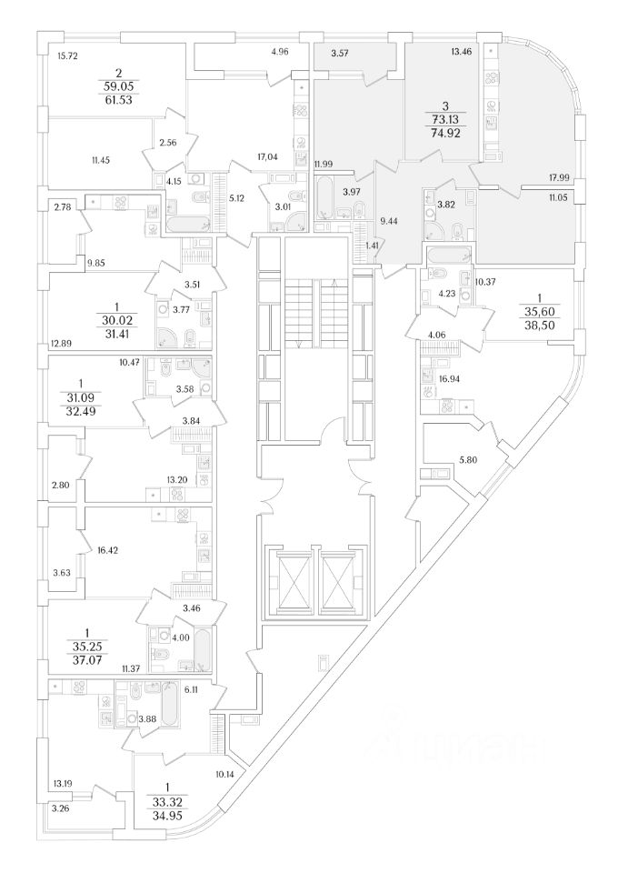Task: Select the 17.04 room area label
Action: [x=267, y=157]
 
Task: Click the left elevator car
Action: [x=290, y=580]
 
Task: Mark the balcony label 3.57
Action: [x=341, y=54]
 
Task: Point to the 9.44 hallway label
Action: [x=390, y=220]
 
